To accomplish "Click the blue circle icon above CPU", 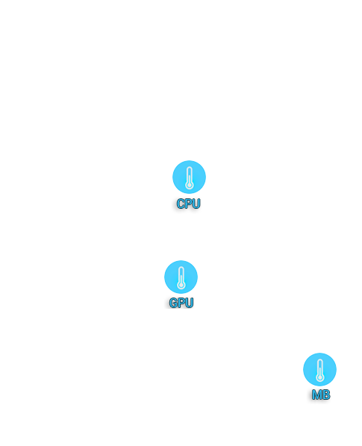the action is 189,177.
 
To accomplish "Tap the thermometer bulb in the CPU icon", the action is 190,186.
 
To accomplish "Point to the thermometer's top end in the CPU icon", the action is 190,168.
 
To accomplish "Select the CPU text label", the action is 188,204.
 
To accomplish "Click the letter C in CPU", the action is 181,204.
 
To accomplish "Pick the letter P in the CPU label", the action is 188,204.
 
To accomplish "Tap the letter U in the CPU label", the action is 196,204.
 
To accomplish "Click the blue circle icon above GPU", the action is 181,277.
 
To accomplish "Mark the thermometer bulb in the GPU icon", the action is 181,286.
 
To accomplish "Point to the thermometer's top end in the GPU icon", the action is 181,267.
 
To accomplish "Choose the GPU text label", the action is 181,303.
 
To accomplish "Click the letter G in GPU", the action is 173,303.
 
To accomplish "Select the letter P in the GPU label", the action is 181,303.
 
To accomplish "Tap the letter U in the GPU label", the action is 190,303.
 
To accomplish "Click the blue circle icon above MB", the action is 319,369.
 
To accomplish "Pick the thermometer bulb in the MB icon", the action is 320,378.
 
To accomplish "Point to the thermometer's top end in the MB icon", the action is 320,360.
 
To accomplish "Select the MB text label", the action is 321,395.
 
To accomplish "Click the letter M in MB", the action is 316,395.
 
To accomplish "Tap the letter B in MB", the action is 326,395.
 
